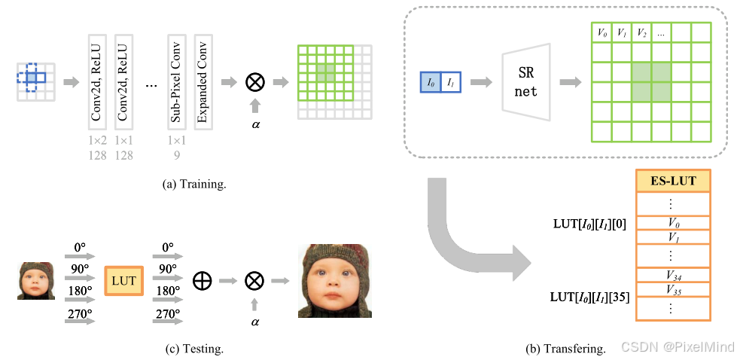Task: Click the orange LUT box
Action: click(x=123, y=281)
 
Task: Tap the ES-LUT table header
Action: click(x=674, y=182)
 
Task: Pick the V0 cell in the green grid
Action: click(x=601, y=32)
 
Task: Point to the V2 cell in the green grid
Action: click(x=641, y=32)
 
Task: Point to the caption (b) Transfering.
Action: click(x=565, y=349)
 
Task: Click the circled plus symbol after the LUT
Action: click(x=203, y=281)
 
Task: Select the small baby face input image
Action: click(x=35, y=281)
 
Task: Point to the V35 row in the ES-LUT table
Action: click(x=674, y=289)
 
